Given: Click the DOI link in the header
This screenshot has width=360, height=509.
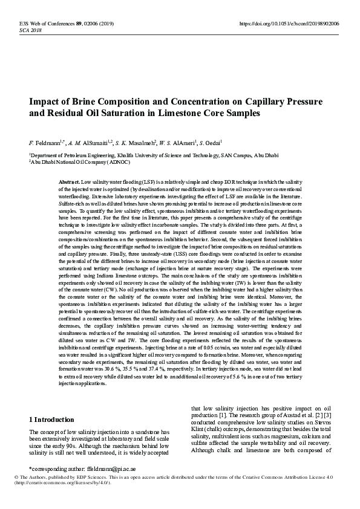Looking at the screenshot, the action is pyautogui.click(x=289, y=23).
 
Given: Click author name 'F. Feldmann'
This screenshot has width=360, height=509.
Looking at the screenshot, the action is pyautogui.click(x=45, y=143).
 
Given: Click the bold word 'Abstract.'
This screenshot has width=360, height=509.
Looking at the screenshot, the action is pyautogui.click(x=69, y=181).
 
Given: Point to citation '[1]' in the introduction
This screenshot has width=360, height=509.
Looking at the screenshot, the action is pyautogui.click(x=222, y=416).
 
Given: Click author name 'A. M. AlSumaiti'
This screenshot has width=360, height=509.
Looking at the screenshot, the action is pyautogui.click(x=92, y=143).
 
